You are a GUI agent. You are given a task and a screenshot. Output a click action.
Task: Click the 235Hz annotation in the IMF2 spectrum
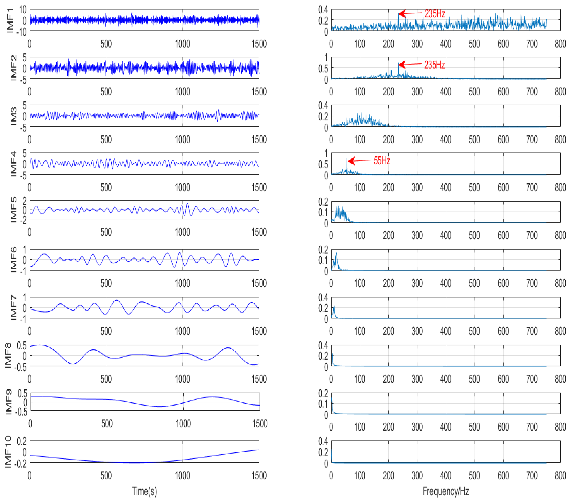pos(434,65)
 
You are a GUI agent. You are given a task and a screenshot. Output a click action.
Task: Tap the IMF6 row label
pos(13,259)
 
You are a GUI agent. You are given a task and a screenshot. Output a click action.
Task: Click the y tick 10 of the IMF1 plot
pos(23,10)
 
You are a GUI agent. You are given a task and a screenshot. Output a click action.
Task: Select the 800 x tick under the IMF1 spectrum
pos(560,44)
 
